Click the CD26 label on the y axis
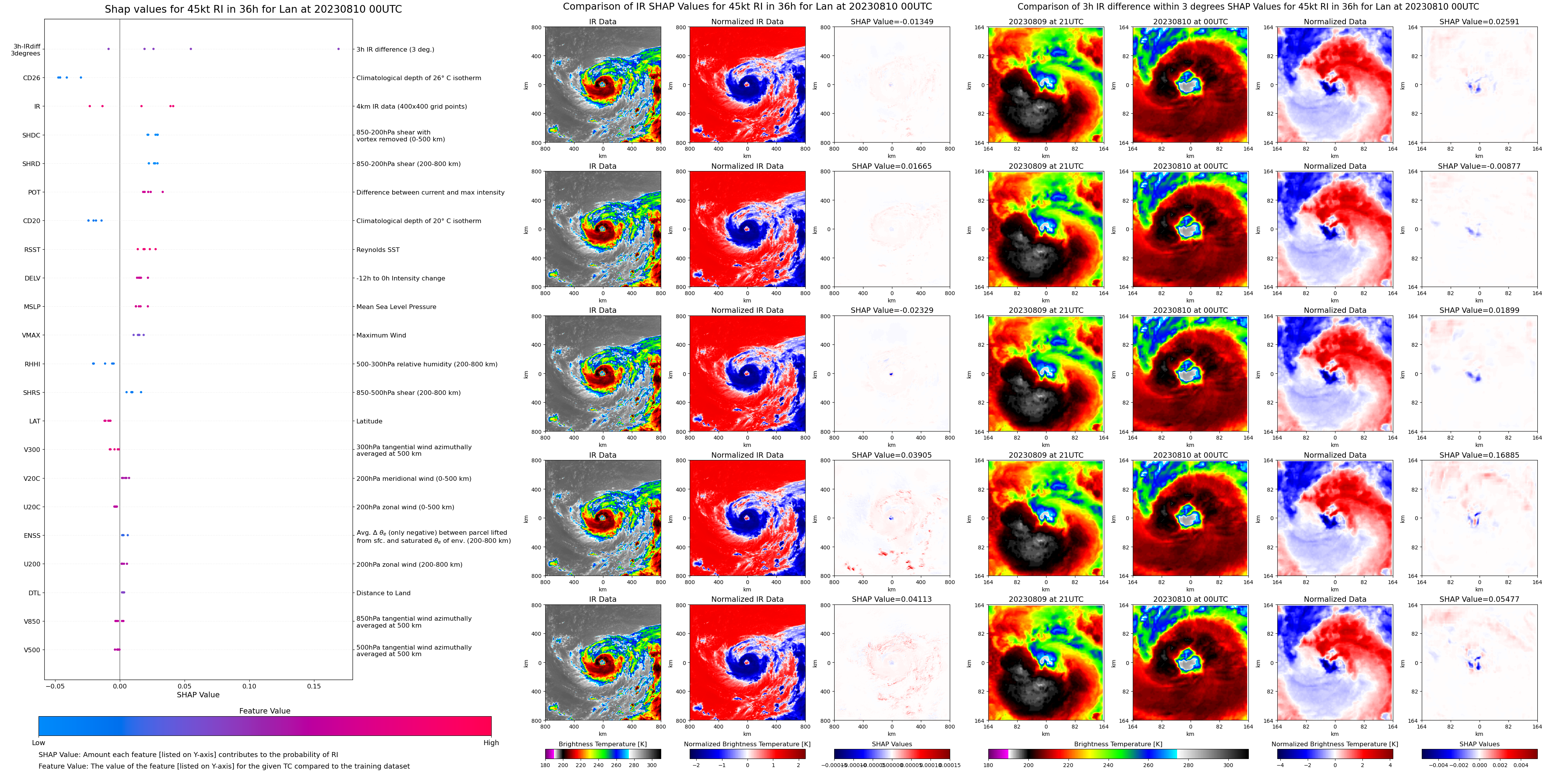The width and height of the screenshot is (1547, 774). (31, 78)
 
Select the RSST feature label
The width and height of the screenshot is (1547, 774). (32, 250)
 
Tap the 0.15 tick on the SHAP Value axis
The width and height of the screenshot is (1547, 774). (314, 686)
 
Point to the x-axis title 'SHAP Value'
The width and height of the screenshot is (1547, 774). (198, 695)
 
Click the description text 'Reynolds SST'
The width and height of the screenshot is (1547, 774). (378, 250)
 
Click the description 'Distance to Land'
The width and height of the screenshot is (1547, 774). (383, 593)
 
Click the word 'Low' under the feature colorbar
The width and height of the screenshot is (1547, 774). (39, 743)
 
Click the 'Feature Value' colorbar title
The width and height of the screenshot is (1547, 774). (264, 711)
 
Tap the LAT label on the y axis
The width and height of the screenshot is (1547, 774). (35, 421)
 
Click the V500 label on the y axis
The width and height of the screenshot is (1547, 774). (32, 650)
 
